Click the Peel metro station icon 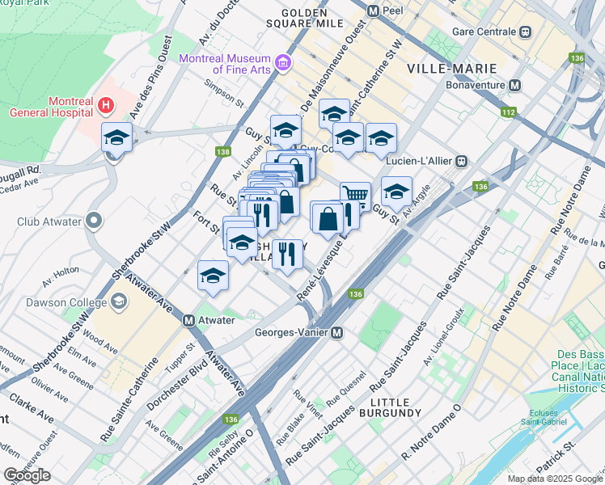(x=374, y=12)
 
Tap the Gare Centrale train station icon (x=525, y=32)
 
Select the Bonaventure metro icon (x=514, y=84)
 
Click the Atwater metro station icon (x=188, y=320)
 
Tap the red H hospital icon (x=104, y=105)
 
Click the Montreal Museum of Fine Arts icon (x=282, y=62)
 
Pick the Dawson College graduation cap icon (x=119, y=302)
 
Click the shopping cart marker (x=355, y=194)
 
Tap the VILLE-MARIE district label (x=448, y=68)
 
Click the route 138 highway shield (x=224, y=152)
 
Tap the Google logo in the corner (x=27, y=474)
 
